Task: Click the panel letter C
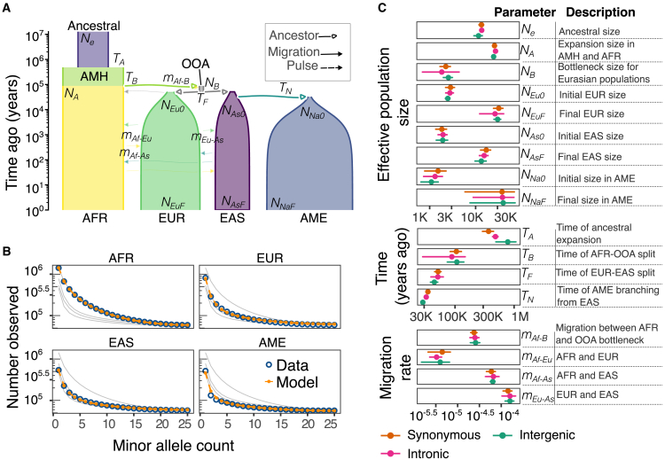[381, 7]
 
